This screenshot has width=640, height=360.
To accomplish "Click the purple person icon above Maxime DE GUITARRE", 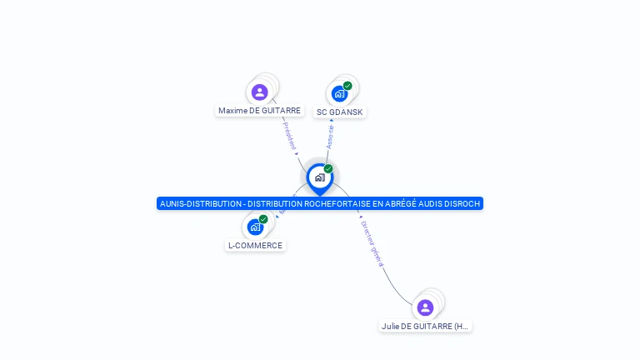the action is [x=259, y=92].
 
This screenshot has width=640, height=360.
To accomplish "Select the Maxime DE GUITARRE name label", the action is [x=259, y=110].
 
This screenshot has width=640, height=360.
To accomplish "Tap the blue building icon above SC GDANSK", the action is [x=338, y=93].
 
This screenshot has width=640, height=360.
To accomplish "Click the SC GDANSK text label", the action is [x=340, y=112].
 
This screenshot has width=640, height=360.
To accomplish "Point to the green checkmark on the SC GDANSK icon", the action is [x=347, y=86].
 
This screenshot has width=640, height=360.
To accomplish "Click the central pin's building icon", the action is [x=319, y=177].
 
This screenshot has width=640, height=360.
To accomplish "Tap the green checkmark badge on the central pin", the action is [x=328, y=169].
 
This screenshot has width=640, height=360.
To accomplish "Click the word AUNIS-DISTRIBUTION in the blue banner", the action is [x=198, y=203].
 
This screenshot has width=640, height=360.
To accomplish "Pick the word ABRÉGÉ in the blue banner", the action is [x=392, y=203].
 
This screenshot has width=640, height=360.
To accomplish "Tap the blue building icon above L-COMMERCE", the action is [x=254, y=227].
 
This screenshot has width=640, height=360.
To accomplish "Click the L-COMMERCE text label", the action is [x=256, y=245].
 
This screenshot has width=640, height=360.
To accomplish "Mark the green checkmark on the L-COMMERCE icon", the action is [x=263, y=219].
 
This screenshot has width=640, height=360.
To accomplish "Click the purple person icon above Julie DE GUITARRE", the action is [x=425, y=307].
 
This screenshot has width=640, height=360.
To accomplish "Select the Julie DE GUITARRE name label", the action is [x=425, y=327].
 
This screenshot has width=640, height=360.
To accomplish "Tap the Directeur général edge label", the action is [x=372, y=242].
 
